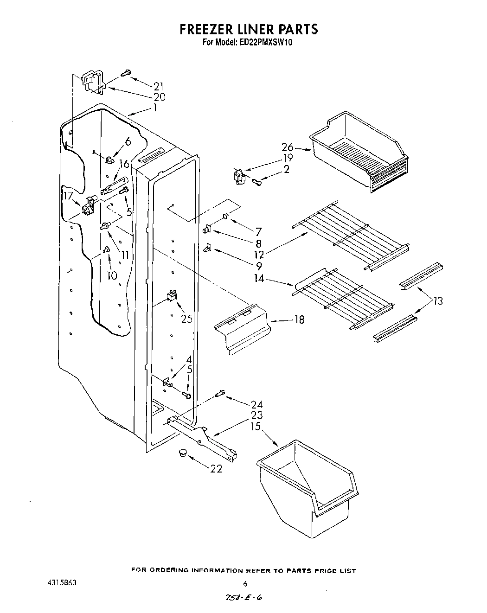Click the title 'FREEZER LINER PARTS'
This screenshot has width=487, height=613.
click(249, 29)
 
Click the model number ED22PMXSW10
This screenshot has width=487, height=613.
click(266, 42)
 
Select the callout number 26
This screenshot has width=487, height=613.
click(288, 147)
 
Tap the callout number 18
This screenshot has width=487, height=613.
click(299, 319)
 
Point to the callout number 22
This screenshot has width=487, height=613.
click(216, 469)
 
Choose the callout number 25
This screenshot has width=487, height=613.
click(187, 319)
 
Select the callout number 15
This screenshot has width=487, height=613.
click(256, 426)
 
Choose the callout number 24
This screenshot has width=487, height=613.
click(256, 404)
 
